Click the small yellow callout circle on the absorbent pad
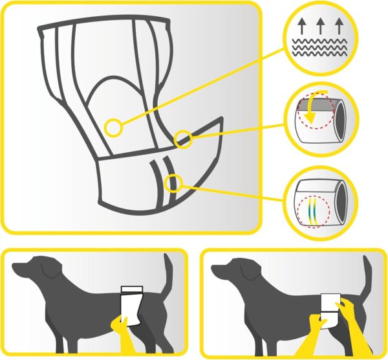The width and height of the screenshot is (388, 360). point(114,127)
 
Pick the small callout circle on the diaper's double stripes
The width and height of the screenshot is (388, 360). point(172,183)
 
